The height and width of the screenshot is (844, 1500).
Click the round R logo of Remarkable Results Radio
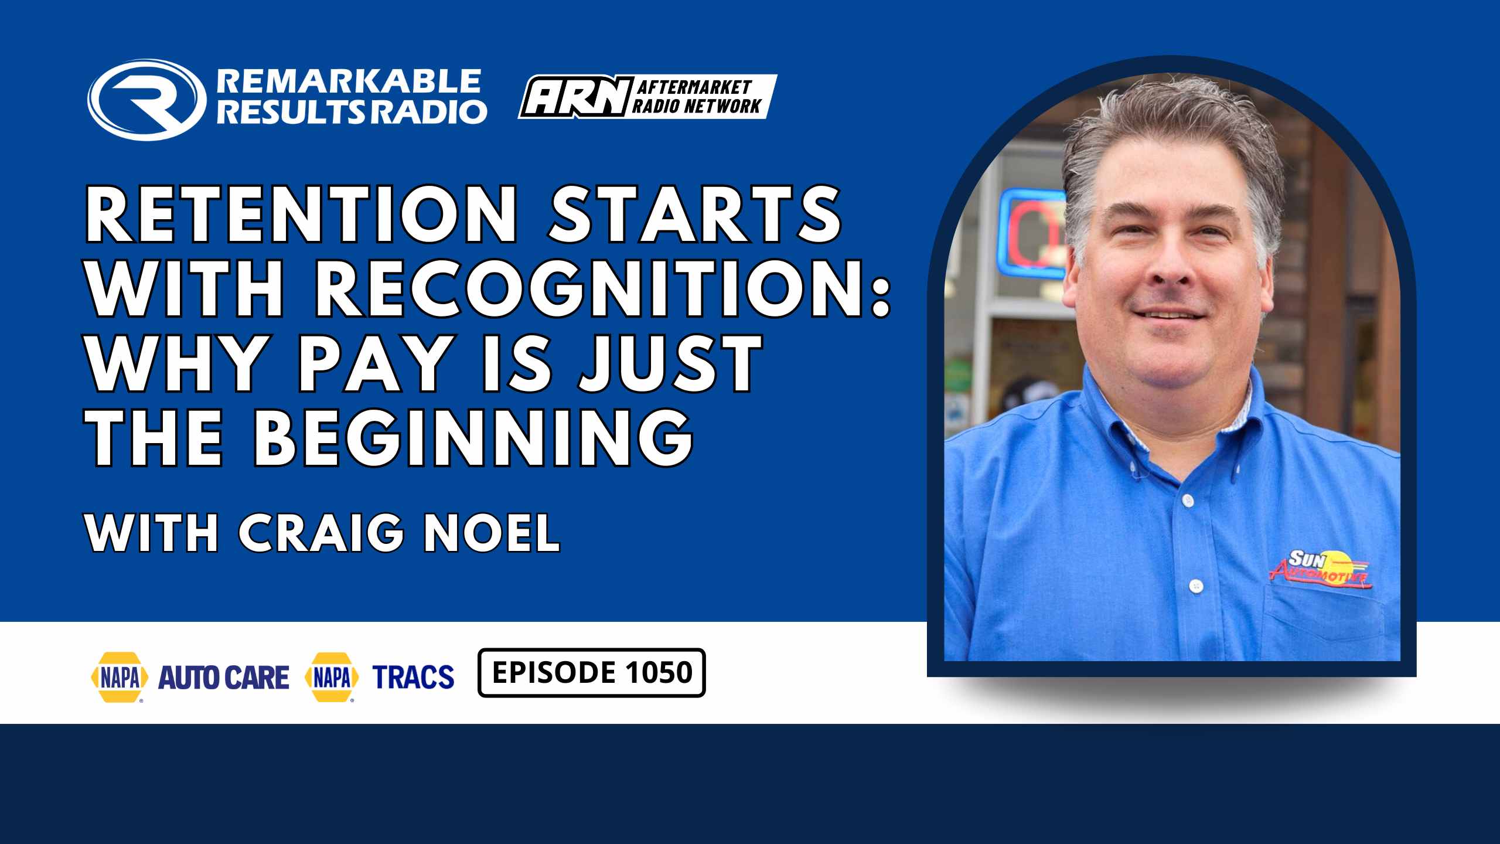[147, 100]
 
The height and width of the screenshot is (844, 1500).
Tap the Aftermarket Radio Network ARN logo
[647, 97]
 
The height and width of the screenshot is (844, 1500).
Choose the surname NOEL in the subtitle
[492, 533]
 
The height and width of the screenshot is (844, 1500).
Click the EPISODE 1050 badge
[592, 672]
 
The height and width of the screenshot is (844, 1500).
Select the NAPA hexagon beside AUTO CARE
[120, 677]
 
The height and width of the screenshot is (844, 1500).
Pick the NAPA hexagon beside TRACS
[332, 677]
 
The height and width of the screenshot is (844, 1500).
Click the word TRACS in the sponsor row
[414, 677]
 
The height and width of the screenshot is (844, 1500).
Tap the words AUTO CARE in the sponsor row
[224, 678]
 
